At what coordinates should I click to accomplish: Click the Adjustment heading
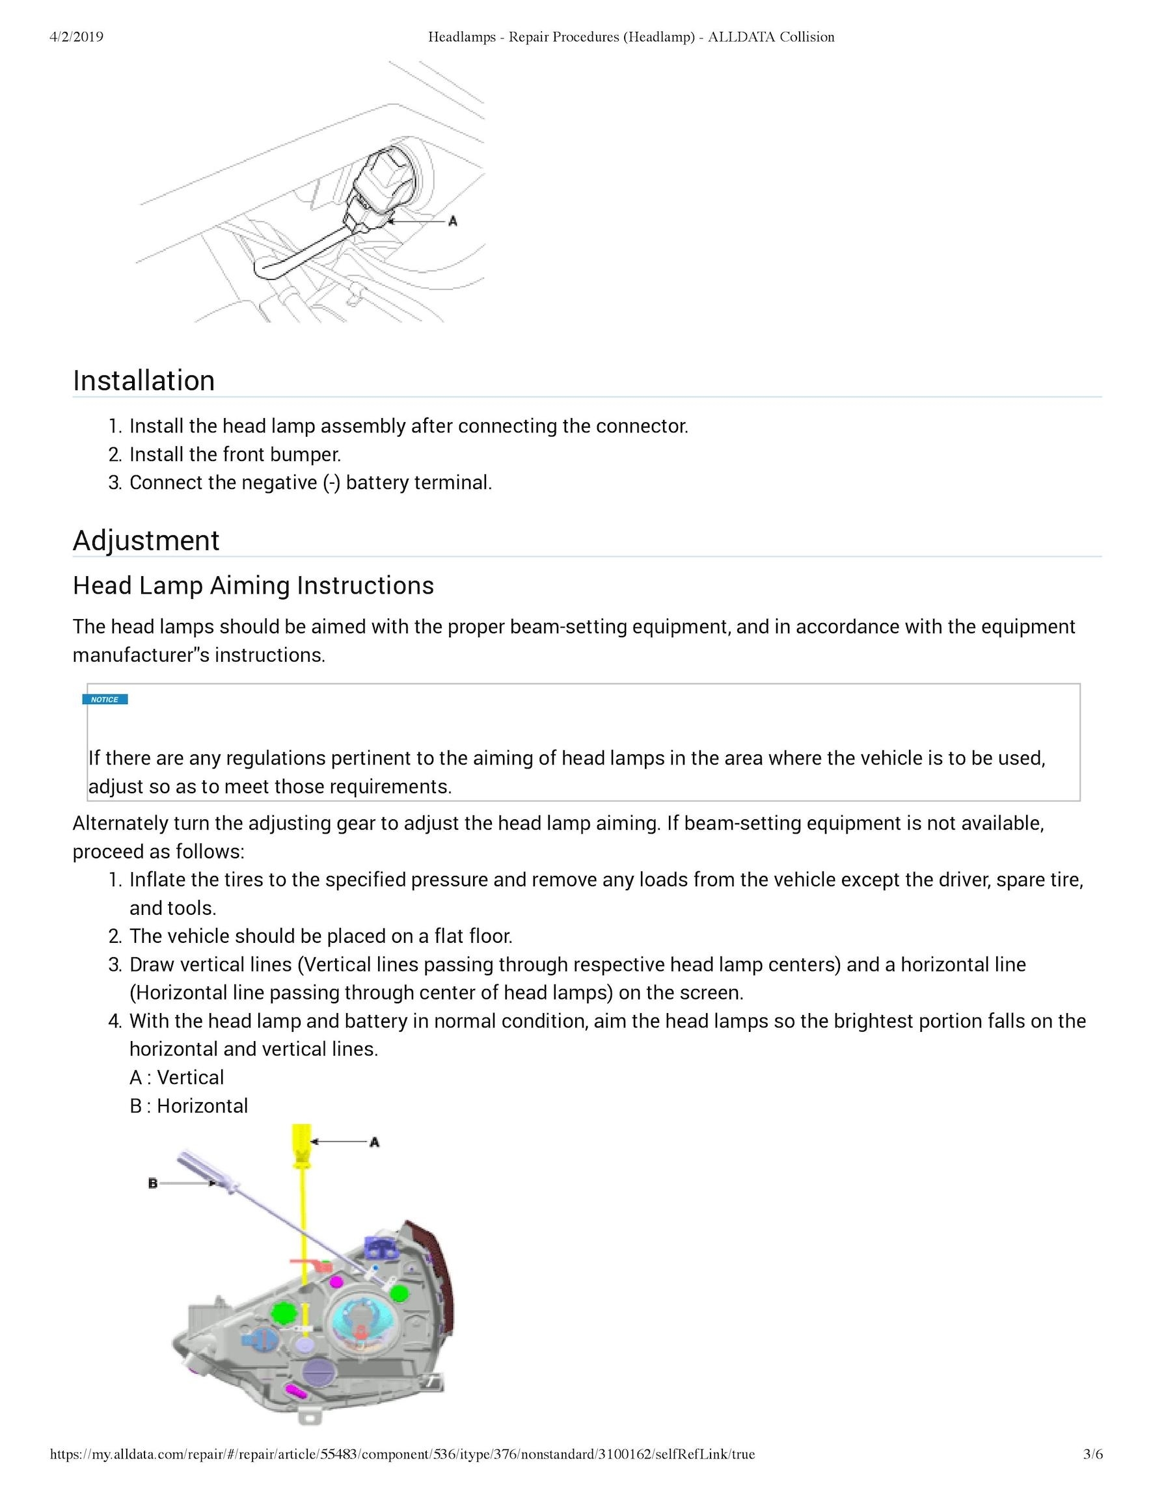point(146,541)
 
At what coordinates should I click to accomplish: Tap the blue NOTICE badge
point(105,699)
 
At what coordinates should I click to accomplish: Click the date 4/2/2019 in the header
point(77,37)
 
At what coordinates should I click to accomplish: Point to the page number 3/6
point(1093,1454)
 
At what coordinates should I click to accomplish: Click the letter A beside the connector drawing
point(452,221)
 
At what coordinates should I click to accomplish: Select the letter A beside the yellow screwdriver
point(374,1141)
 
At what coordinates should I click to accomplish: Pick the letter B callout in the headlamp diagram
point(153,1183)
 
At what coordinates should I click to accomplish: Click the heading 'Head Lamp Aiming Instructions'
point(253,586)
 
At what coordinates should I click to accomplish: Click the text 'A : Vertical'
point(177,1077)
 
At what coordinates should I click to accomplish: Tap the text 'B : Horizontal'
point(189,1106)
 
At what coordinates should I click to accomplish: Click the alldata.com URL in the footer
point(402,1454)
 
